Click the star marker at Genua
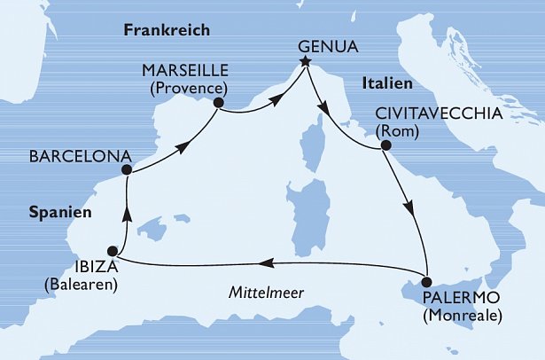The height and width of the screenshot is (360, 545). point(306,61)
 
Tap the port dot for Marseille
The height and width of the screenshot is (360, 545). point(218,104)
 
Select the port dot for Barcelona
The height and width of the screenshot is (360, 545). point(127,170)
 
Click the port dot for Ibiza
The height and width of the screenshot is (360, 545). point(113,251)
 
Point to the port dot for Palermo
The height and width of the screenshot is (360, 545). point(427,278)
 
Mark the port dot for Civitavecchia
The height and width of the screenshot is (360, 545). point(385,151)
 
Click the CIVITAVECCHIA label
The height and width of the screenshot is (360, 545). point(440,114)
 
